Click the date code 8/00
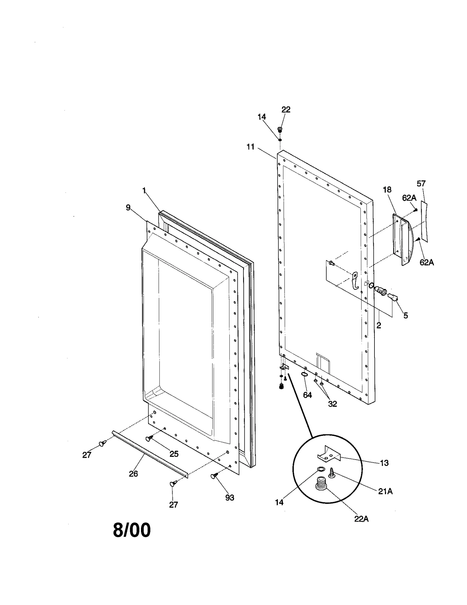click(132, 530)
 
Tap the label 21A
click(385, 492)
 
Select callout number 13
click(384, 463)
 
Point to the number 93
click(230, 498)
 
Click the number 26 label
click(133, 474)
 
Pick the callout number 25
click(174, 454)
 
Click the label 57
click(421, 184)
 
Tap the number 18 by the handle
click(387, 190)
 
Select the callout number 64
click(307, 395)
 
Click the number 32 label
click(332, 404)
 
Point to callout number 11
click(250, 147)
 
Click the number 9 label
click(128, 208)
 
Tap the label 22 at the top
click(286, 110)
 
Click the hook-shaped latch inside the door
click(355, 280)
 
